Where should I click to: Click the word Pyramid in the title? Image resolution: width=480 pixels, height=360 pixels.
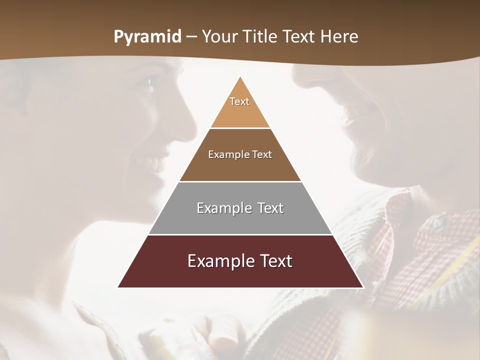147,37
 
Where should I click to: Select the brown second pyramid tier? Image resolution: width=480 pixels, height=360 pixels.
240,165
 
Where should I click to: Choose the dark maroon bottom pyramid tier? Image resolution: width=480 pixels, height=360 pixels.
240,272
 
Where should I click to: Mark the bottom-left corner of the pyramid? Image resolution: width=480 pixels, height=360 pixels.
118,287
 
